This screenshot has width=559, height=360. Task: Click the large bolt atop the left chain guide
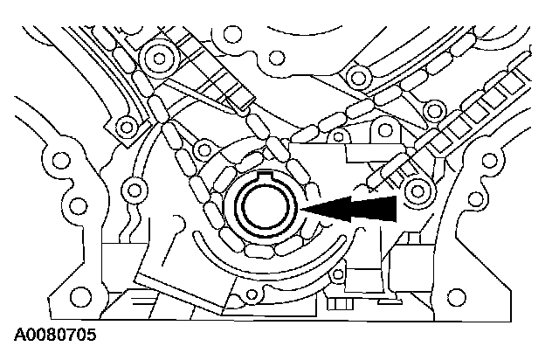coord(159,60)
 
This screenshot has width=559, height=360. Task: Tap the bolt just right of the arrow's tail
coord(415,190)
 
